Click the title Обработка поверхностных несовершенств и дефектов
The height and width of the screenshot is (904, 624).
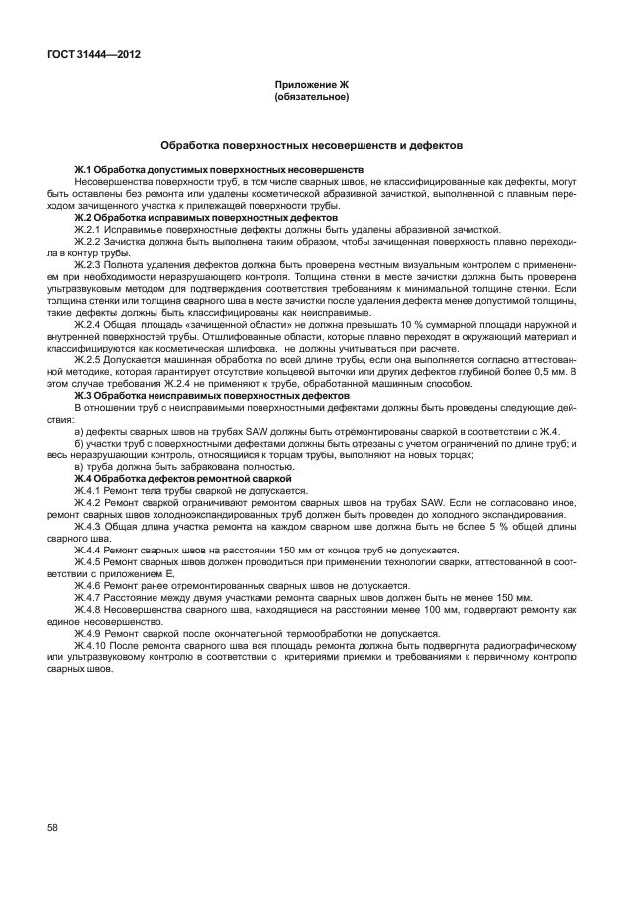pos(311,145)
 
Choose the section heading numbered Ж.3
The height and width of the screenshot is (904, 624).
pos(211,396)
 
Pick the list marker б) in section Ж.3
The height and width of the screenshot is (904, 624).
pos(80,443)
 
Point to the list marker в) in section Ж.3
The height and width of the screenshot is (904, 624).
pos(80,468)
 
